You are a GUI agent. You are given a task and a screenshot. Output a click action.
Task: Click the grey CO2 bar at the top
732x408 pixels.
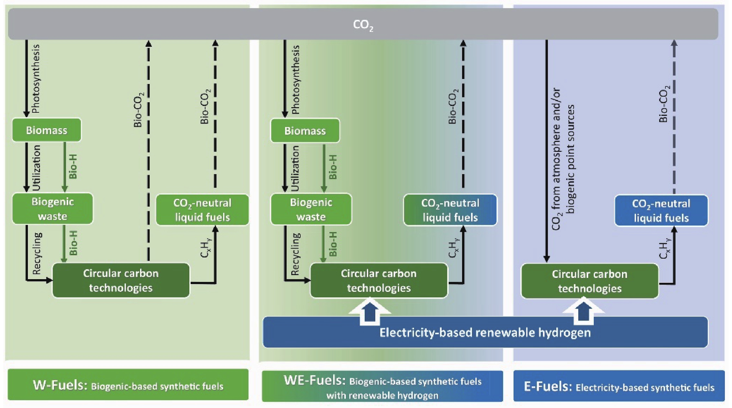click(x=363, y=24)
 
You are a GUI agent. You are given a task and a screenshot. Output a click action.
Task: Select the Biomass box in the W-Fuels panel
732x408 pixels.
click(x=46, y=130)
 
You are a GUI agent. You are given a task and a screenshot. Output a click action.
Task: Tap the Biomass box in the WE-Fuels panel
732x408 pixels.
click(x=305, y=131)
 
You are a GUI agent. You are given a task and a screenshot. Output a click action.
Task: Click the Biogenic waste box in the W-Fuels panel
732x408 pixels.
click(x=52, y=209)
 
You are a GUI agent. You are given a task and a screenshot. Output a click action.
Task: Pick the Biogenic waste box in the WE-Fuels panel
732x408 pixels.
click(x=311, y=209)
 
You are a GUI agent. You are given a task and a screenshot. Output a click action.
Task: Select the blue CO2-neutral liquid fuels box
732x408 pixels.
click(x=661, y=211)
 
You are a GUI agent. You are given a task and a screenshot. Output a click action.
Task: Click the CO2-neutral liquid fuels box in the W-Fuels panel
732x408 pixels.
click(x=202, y=210)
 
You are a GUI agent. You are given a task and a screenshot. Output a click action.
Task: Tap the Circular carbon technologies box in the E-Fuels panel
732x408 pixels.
click(x=589, y=281)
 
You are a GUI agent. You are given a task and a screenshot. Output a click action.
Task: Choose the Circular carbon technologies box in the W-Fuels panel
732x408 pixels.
click(x=121, y=281)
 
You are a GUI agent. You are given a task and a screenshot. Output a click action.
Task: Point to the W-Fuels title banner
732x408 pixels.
click(x=128, y=385)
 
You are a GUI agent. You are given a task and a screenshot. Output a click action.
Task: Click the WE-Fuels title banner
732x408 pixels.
click(x=382, y=387)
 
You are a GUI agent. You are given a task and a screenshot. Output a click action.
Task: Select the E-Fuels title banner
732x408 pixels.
click(x=619, y=387)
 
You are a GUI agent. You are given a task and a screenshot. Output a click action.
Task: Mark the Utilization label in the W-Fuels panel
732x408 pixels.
click(x=37, y=168)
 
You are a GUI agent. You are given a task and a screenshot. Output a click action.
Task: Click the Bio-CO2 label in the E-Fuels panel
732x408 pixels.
click(x=664, y=104)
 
